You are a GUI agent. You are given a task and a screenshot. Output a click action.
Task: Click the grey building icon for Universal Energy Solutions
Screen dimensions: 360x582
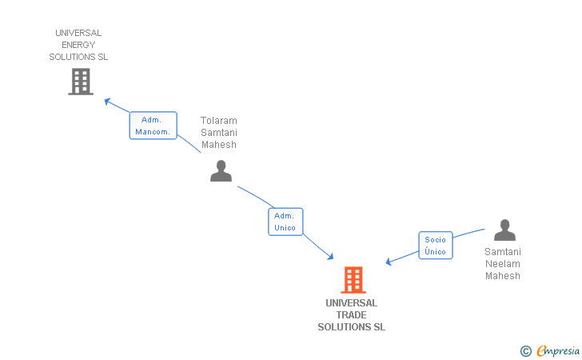click(81, 82)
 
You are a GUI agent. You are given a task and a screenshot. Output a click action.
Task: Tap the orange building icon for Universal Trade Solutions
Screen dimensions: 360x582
click(353, 280)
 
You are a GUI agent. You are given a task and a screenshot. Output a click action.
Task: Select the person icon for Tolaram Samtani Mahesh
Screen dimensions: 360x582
click(221, 171)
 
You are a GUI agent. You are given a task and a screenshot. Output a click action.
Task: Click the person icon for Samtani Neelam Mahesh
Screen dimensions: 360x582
click(504, 230)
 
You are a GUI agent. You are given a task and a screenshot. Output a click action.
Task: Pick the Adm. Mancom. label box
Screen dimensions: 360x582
click(153, 126)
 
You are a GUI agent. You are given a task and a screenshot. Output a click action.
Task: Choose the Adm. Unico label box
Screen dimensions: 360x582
click(285, 222)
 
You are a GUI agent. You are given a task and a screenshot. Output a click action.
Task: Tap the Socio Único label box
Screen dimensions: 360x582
click(436, 246)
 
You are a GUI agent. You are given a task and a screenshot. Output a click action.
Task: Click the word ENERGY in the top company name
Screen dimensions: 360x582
click(78, 45)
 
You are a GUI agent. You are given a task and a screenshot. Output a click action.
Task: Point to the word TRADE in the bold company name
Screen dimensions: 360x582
click(351, 315)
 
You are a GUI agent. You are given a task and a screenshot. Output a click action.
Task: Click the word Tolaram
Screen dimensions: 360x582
click(218, 121)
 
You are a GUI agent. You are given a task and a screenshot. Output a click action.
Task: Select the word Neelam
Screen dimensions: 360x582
click(502, 264)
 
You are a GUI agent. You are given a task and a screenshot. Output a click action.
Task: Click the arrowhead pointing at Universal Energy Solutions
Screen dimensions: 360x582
click(108, 101)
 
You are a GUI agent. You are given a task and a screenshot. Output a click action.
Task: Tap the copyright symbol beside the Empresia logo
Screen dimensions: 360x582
click(525, 350)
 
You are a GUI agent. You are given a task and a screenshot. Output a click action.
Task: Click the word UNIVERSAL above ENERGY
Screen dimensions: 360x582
click(78, 33)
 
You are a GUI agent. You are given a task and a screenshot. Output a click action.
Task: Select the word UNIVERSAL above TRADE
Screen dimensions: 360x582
click(351, 303)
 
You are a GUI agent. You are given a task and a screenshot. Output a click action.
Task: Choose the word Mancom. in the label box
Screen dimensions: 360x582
click(152, 132)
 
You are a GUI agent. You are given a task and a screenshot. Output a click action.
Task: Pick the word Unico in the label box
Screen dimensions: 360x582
click(285, 228)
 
